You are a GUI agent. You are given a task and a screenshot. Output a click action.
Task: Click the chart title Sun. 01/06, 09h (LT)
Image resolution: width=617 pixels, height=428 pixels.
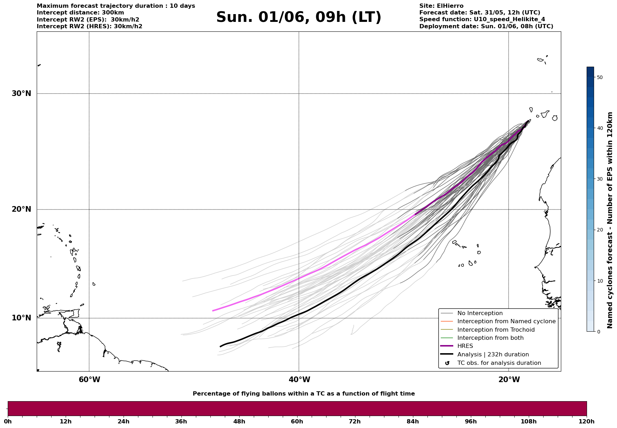coord(299,17)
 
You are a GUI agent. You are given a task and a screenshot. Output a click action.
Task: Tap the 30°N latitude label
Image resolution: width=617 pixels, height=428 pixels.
coord(21,94)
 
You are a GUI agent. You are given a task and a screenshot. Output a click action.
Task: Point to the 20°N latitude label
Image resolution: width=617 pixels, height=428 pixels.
coord(21,209)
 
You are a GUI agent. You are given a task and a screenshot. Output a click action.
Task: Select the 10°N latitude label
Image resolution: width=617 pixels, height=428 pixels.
coord(21,318)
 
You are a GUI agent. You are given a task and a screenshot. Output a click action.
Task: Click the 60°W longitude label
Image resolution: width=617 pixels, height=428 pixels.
coord(89,380)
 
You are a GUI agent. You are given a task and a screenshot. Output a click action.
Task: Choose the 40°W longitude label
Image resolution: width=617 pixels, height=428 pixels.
coord(299,380)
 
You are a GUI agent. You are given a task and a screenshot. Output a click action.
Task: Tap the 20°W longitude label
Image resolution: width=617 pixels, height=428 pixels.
coord(509,380)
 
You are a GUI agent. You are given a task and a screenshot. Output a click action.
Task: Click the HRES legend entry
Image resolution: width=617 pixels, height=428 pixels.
coord(465,346)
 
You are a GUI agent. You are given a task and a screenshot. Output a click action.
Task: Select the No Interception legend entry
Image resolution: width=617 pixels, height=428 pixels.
coord(480,313)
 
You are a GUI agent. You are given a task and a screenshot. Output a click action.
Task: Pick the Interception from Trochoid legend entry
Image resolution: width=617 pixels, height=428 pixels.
coord(496,330)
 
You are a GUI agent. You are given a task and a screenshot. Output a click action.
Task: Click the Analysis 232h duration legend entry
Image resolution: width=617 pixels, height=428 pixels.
coord(493,355)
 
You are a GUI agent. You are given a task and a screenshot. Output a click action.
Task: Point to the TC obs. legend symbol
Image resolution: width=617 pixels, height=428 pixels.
coord(447,363)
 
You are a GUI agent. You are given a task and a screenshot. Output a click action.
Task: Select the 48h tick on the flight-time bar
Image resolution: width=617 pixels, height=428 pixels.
coord(239,421)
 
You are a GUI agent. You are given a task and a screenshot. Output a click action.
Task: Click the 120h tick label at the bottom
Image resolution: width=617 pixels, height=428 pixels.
coord(586,421)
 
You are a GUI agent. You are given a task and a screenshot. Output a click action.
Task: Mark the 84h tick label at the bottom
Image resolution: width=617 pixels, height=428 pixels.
coord(413,421)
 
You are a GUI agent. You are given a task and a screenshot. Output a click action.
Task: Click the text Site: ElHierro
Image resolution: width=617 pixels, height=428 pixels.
coord(441,6)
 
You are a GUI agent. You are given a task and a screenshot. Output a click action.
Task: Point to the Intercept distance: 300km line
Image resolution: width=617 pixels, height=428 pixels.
coord(80,13)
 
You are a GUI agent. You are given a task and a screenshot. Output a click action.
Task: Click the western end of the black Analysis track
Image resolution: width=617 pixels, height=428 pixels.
coord(220,346)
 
